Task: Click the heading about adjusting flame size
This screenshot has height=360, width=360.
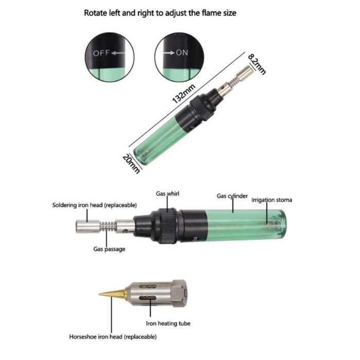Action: click(x=160, y=13)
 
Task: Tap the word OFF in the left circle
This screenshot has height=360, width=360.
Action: click(x=101, y=53)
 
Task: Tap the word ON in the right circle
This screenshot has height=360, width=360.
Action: click(x=182, y=52)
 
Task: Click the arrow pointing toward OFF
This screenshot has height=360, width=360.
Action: click(x=118, y=53)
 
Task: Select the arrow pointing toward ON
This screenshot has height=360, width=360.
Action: click(x=169, y=53)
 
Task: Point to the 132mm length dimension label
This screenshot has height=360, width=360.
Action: click(x=184, y=94)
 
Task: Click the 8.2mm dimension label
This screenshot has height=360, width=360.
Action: click(x=257, y=64)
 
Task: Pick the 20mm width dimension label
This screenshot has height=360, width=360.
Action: click(x=131, y=164)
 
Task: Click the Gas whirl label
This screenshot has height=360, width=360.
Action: click(x=168, y=194)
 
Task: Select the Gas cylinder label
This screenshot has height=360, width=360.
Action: click(x=232, y=196)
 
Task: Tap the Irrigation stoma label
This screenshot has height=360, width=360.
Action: click(x=272, y=200)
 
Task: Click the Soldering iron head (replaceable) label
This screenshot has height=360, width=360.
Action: click(x=94, y=205)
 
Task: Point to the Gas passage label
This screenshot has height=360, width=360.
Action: click(x=109, y=249)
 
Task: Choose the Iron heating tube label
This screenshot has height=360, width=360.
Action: click(x=168, y=323)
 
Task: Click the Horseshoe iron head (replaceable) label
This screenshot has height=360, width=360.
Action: click(x=113, y=337)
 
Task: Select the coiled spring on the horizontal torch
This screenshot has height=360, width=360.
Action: click(x=107, y=227)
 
